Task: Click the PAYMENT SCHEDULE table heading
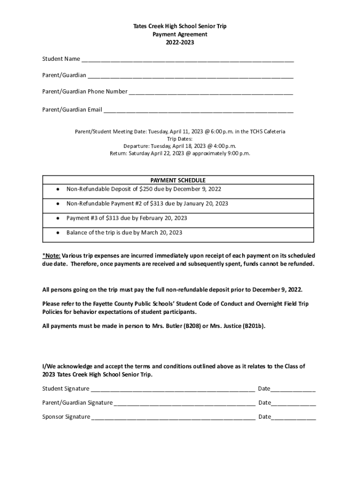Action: click(178, 180)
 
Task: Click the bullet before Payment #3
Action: click(57, 218)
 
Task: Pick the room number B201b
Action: click(252, 326)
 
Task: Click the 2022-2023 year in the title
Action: click(180, 43)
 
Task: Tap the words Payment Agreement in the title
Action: click(180, 35)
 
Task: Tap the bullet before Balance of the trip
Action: click(57, 233)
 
